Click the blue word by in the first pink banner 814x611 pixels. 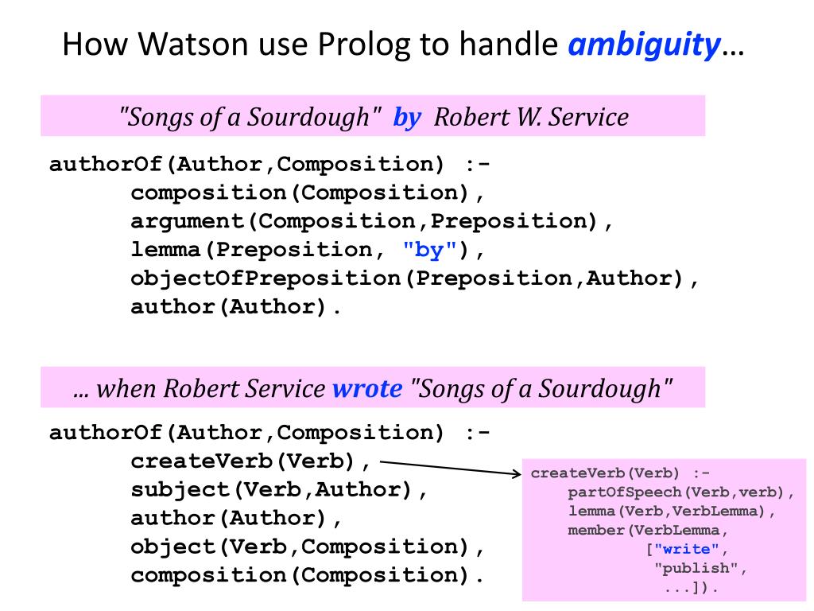pyautogui.click(x=406, y=118)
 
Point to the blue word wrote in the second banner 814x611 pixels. pyautogui.click(x=366, y=388)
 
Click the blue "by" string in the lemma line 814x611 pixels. pyautogui.click(x=429, y=250)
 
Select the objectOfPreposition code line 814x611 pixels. pyautogui.click(x=414, y=278)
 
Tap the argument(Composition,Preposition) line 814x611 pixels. pyautogui.click(x=371, y=221)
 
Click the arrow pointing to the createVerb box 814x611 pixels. pyautogui.click(x=449, y=467)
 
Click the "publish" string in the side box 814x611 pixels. pyautogui.click(x=700, y=569)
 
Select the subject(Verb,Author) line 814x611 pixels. pyautogui.click(x=279, y=490)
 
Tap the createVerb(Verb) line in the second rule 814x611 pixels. pyautogui.click(x=250, y=461)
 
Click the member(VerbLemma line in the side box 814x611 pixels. pyautogui.click(x=648, y=531)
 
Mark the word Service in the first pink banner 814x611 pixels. pyautogui.click(x=589, y=118)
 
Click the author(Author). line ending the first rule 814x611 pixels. pyautogui.click(x=236, y=307)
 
